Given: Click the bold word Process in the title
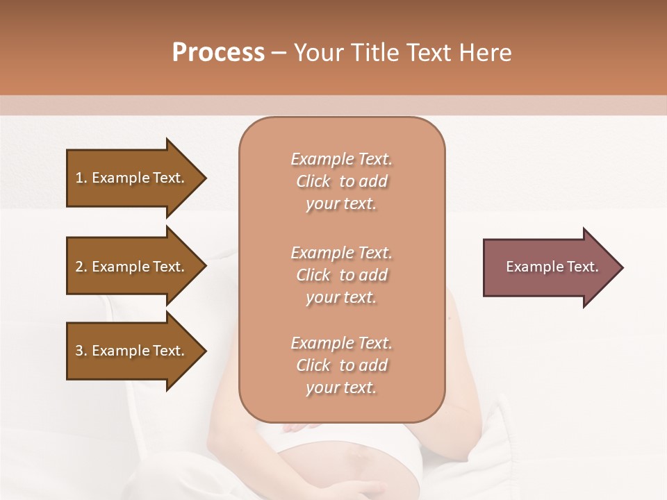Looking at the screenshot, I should [x=218, y=52].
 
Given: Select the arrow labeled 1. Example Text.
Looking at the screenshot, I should [x=132, y=178].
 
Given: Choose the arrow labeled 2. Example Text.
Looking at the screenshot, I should [x=132, y=267].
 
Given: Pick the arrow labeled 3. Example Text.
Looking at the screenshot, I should [x=132, y=351].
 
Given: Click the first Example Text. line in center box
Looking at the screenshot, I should [x=341, y=159].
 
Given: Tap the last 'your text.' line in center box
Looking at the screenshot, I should [x=340, y=388].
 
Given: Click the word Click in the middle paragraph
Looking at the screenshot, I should [x=313, y=275].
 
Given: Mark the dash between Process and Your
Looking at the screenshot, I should [x=279, y=53].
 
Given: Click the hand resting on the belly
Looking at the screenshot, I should [x=299, y=428].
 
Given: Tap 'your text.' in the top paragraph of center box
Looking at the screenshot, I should [x=340, y=204].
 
